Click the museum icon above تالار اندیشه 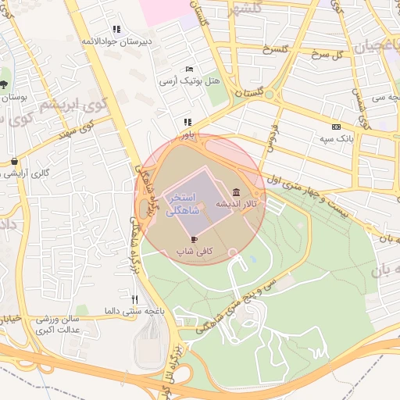pos(236,193)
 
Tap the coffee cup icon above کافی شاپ pos(194,240)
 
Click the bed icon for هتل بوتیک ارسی pos(189,70)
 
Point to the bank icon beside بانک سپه pos(336,127)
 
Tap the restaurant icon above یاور pos(187,123)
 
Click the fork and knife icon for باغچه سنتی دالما pos(134,299)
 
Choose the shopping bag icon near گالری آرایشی pos(15,161)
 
